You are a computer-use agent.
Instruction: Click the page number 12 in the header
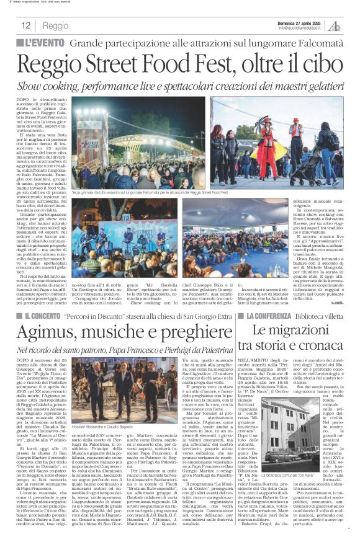[26, 26]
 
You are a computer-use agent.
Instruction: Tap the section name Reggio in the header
[56, 26]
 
